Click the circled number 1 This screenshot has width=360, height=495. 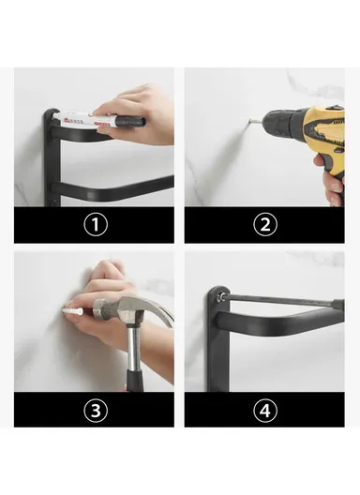[x=94, y=225]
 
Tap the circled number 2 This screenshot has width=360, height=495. [x=264, y=225]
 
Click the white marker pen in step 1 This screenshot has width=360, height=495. [x=89, y=122]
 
